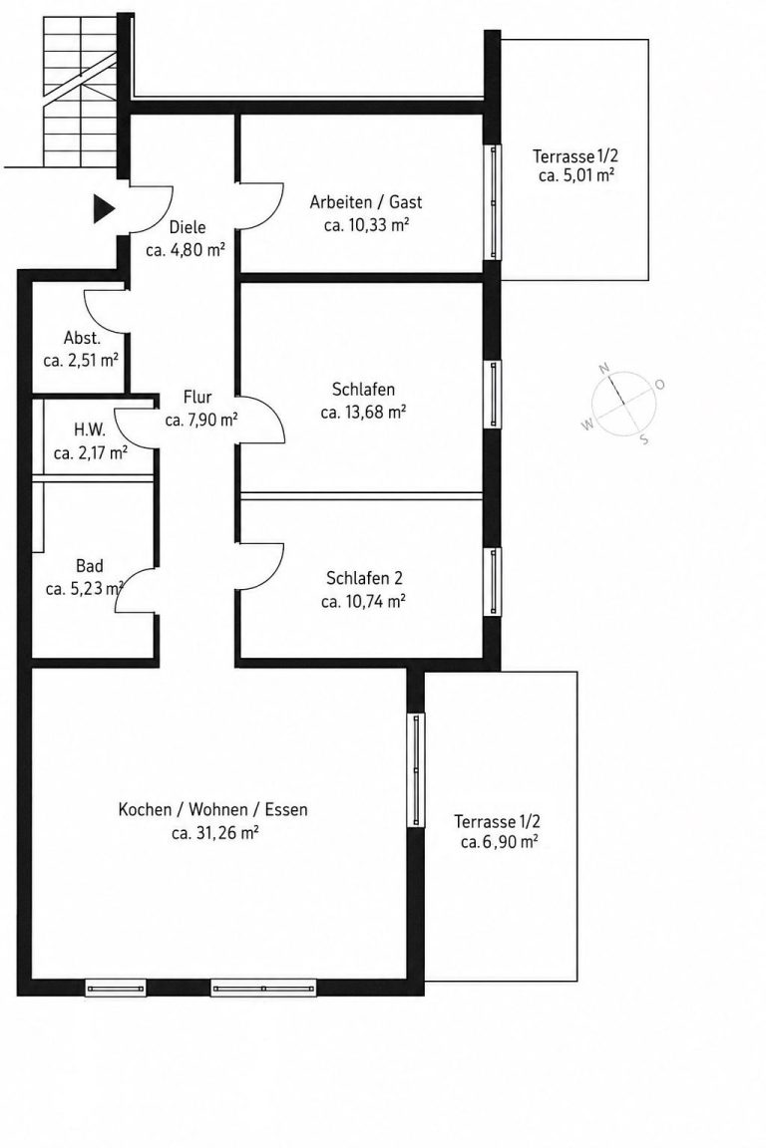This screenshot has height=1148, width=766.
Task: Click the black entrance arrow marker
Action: [x=104, y=208]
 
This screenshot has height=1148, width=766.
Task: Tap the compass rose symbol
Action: [x=623, y=404]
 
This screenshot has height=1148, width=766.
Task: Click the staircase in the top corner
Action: [x=79, y=93]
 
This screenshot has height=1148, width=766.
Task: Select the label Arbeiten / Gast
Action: [x=366, y=202]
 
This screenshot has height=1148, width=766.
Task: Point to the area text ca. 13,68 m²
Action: [x=364, y=413]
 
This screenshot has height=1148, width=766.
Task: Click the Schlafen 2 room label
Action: [x=364, y=578]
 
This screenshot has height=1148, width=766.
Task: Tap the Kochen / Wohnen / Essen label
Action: [x=213, y=810]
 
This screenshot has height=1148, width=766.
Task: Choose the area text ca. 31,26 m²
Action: [x=214, y=833]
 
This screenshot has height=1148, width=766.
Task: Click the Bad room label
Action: [x=90, y=566]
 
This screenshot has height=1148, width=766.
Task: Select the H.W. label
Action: [x=90, y=430]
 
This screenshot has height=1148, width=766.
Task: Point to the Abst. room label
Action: [x=82, y=338]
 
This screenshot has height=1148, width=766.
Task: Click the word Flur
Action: [x=197, y=398]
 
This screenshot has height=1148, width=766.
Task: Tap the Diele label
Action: [x=188, y=227]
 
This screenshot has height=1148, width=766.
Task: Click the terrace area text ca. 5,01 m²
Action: [x=576, y=175]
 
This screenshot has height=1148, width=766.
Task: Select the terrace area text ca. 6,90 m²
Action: [x=499, y=843]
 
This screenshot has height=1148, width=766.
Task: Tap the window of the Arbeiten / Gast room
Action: [x=495, y=202]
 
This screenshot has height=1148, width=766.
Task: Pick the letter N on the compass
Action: [x=604, y=369]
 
